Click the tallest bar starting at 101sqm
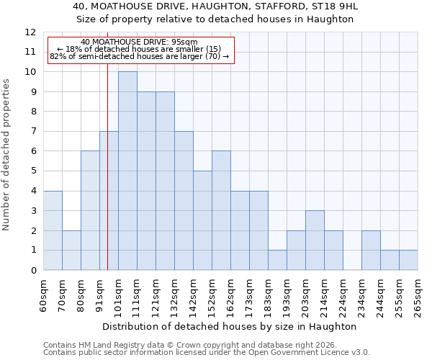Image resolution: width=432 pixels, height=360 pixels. pos(127,171)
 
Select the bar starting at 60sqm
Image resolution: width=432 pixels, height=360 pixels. pos(53,230)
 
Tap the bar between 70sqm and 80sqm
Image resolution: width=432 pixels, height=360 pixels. pos(71,251)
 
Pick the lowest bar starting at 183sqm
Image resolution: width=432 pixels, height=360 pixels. pos(277,260)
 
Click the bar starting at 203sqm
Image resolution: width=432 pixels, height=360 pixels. pos(315,240)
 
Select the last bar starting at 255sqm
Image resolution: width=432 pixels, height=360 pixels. pos(408,260)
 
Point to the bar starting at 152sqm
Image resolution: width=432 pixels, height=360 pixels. pos(221,210)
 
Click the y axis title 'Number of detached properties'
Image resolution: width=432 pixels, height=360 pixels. pos(6,155)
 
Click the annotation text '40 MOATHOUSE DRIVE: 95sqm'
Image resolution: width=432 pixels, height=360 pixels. pos(139,42)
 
